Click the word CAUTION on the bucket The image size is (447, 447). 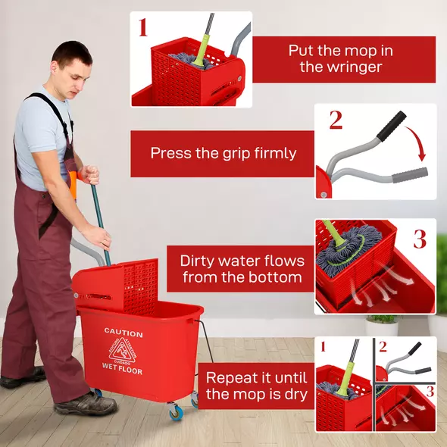point(123,333)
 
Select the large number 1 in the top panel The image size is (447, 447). point(142,28)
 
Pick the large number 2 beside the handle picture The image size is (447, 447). point(336,120)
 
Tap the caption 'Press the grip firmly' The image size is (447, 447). point(223,153)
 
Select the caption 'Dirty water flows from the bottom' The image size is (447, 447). point(242,269)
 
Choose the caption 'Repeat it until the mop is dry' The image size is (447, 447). point(257,385)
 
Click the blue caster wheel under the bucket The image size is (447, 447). point(176,412)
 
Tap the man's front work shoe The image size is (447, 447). point(85,403)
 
